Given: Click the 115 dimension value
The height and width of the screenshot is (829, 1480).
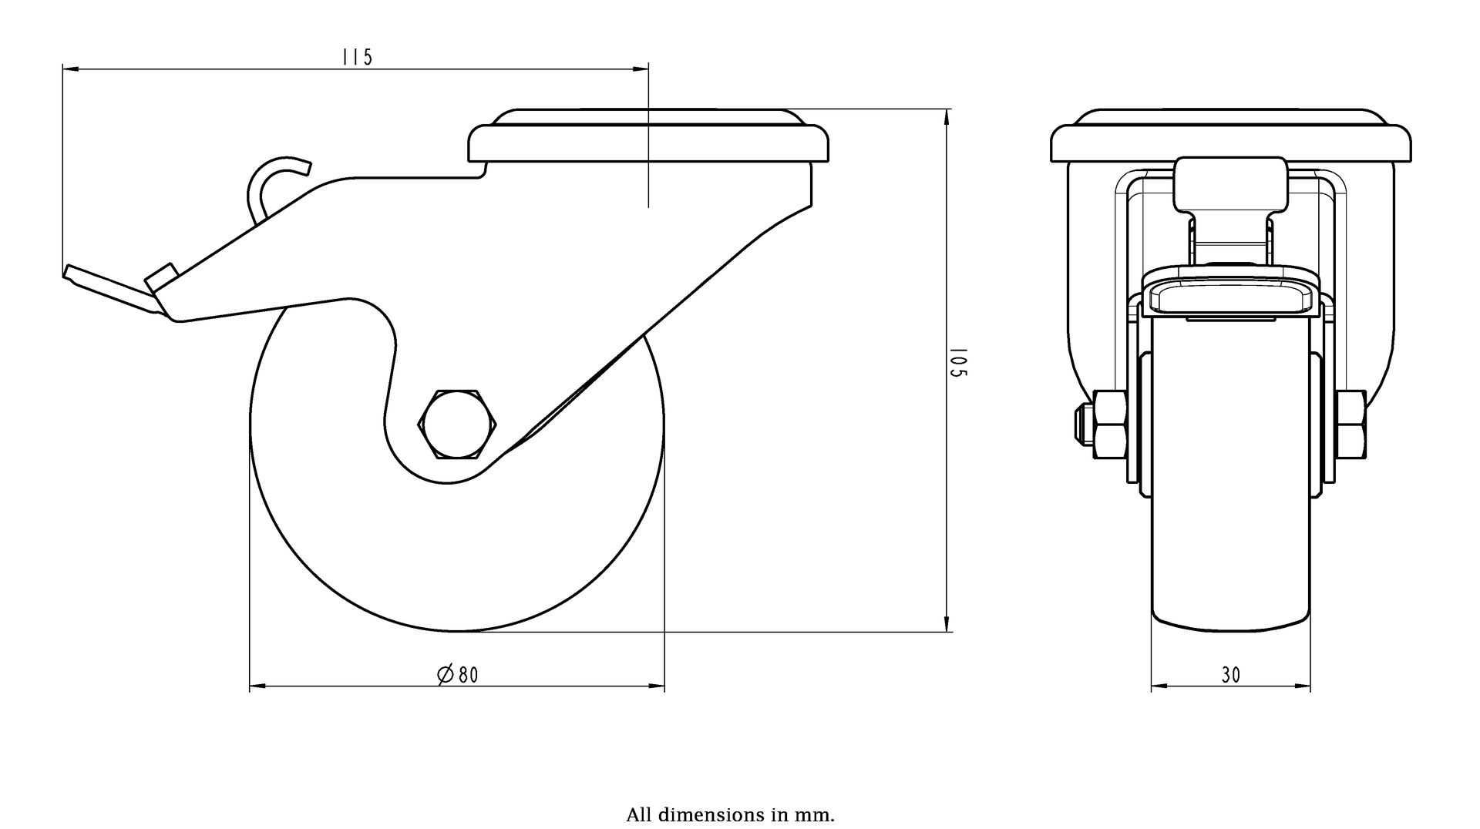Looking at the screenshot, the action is [x=357, y=57].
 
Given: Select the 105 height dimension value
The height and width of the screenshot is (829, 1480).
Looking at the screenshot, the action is [x=958, y=362].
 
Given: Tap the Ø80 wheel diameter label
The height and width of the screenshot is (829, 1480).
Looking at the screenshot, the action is [x=458, y=675].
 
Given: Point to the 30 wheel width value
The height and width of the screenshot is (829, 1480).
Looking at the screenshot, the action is [x=1231, y=675].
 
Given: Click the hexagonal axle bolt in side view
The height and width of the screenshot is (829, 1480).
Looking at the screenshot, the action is [x=458, y=425].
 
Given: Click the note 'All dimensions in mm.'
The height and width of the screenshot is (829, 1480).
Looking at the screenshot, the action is [x=730, y=815].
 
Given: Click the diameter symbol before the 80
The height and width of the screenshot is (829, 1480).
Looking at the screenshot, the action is [x=445, y=676].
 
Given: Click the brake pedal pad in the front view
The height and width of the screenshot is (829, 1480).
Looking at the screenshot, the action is [x=1231, y=297].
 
